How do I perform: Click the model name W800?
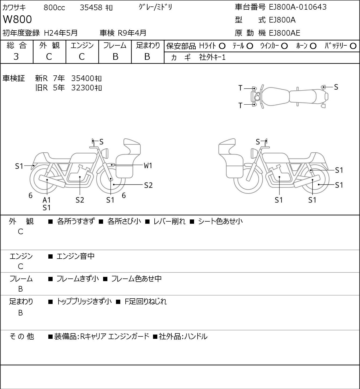(17, 19)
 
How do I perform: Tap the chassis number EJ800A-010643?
(298, 7)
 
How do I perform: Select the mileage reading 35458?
(91, 8)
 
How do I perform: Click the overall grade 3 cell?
(16, 57)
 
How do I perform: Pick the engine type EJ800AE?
(285, 33)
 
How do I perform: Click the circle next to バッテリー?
(353, 46)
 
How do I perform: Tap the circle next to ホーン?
(313, 46)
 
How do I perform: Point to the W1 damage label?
(148, 166)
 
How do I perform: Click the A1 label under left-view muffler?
(47, 200)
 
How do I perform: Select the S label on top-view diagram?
(336, 87)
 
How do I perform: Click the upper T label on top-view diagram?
(240, 88)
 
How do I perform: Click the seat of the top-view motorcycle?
(303, 97)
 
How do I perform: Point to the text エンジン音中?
(76, 256)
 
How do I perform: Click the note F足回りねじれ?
(146, 302)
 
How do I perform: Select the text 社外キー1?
(212, 57)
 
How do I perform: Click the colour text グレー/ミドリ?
(155, 8)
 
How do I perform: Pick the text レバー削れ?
(169, 221)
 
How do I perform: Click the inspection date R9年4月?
(132, 33)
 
